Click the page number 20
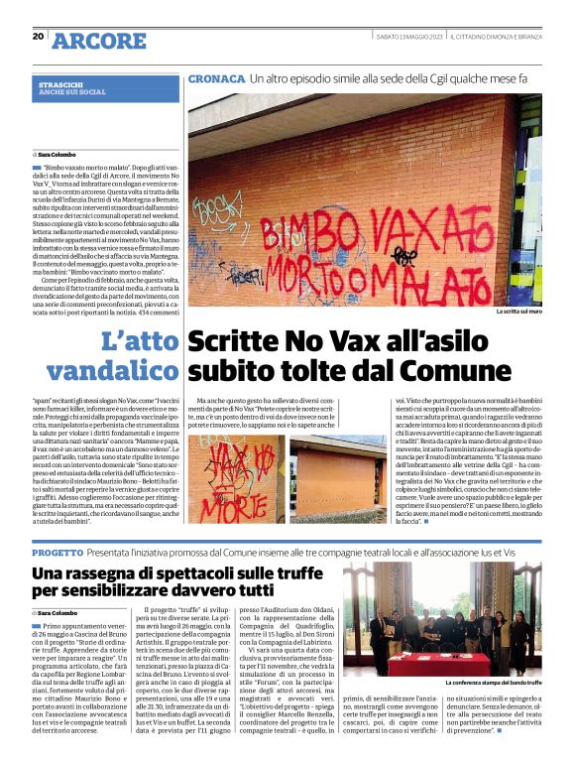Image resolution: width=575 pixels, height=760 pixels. [x=38, y=37]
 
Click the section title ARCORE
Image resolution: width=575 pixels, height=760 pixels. [x=98, y=40]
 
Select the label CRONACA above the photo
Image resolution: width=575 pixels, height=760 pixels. [x=216, y=77]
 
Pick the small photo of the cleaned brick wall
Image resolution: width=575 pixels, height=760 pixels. [x=339, y=479]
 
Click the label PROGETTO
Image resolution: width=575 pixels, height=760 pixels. [x=63, y=551]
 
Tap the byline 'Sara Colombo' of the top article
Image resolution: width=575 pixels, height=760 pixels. [x=57, y=156]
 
